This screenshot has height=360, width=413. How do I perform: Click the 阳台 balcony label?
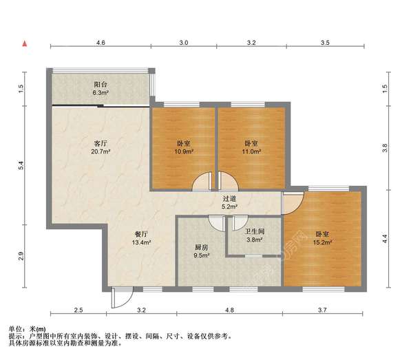click(100, 85)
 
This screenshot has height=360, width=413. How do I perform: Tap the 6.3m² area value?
click(100, 93)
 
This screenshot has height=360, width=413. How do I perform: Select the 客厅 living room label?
click(100, 142)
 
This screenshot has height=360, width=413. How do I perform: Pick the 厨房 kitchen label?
click(201, 247)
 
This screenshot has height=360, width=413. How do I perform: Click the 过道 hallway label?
click(229, 199)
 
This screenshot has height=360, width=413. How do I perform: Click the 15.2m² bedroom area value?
click(321, 242)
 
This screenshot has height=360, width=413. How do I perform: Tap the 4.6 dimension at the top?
click(100, 43)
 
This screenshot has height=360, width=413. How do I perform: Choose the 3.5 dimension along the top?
click(325, 43)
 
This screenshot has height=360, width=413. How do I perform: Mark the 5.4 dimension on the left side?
click(21, 165)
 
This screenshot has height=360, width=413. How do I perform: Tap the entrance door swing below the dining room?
click(119, 297)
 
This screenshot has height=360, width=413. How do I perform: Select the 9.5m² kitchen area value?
click(201, 255)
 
